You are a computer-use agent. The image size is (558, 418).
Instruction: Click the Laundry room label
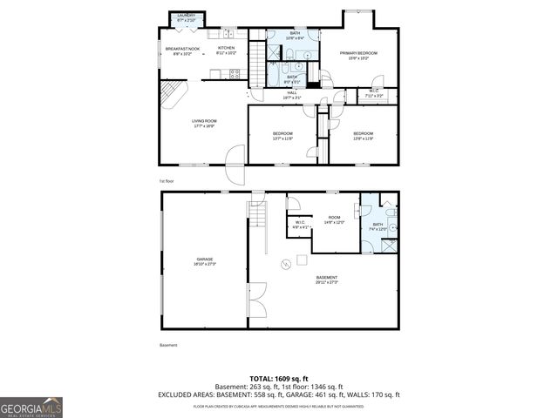point(187,17)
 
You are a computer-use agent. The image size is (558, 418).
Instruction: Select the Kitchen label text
point(226,51)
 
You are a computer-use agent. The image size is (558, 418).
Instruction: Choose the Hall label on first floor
point(292,95)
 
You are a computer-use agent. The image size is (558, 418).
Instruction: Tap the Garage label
point(204,260)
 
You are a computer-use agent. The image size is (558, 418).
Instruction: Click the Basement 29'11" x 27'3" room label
point(326,280)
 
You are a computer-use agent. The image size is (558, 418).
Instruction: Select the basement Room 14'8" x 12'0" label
point(334,219)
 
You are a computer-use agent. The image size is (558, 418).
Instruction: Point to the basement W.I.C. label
point(299,225)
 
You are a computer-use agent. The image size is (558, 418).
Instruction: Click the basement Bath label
point(378,226)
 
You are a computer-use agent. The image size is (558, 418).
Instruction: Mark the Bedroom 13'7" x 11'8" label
point(282,135)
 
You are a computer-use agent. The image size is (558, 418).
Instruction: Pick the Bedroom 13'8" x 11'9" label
point(363,135)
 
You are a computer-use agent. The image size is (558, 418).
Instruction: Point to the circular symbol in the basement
point(283,264)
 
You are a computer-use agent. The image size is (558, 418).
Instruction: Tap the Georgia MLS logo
point(31,407)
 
